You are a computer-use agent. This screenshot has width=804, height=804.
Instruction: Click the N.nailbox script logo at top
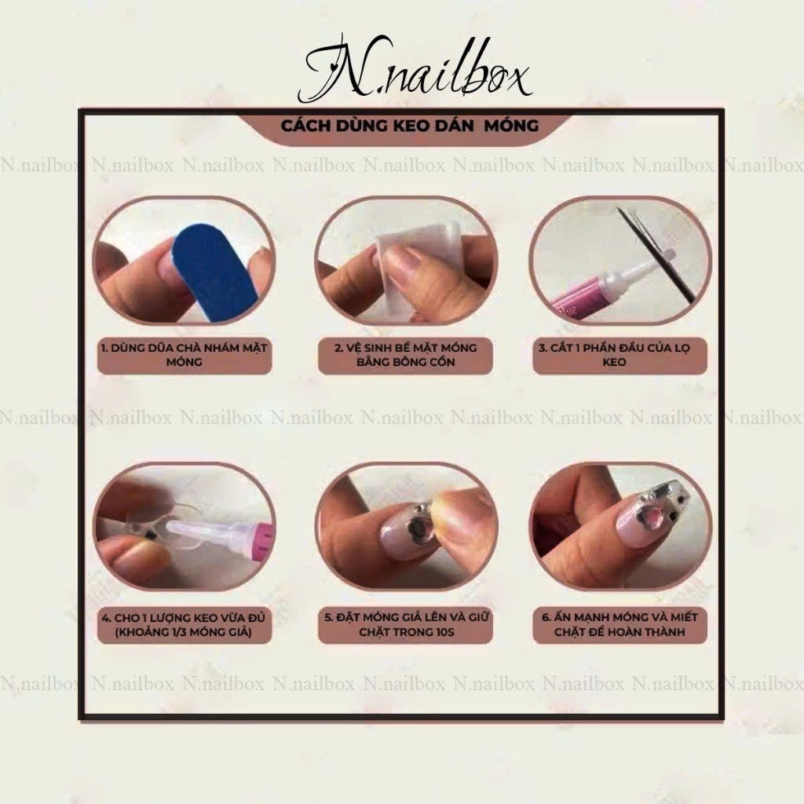click(x=415, y=69)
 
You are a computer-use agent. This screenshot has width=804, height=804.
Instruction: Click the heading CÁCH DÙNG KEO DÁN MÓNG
click(x=410, y=126)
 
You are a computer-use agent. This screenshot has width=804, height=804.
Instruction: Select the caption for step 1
click(x=184, y=355)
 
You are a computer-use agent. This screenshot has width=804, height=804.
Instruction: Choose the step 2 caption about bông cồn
click(x=406, y=355)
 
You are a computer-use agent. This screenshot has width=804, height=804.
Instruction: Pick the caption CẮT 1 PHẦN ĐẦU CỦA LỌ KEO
click(x=614, y=355)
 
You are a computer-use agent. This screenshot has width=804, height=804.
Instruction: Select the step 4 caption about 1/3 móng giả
click(x=184, y=624)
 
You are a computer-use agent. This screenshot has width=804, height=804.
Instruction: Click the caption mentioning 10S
click(x=406, y=624)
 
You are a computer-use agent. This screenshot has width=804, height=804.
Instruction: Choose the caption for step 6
click(x=619, y=624)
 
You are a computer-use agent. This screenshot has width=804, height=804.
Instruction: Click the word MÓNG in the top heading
click(x=511, y=126)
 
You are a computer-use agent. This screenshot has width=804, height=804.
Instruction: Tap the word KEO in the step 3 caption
click(x=614, y=362)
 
